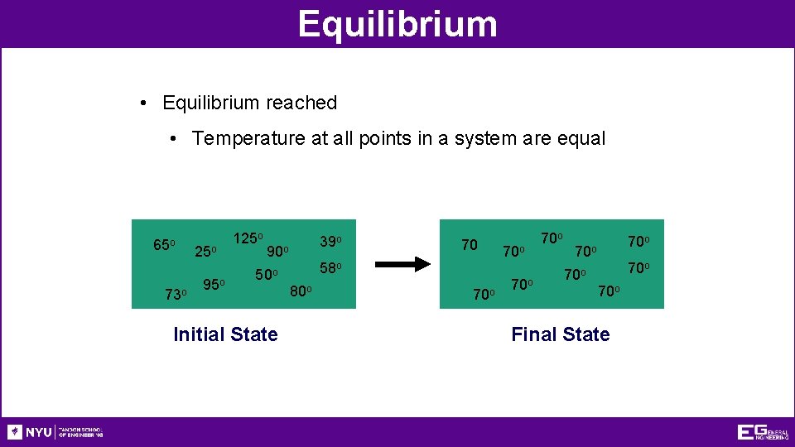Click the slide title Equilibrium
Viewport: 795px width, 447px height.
[397, 23]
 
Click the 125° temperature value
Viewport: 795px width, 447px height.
[248, 238]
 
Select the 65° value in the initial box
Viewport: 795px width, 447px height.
[164, 245]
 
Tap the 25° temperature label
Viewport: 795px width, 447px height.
[205, 251]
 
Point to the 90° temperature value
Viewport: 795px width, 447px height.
[277, 251]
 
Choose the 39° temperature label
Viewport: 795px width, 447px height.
[331, 241]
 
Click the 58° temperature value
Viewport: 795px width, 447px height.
[331, 268]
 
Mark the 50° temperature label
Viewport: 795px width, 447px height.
[267, 275]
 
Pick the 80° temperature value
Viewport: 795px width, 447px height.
[301, 291]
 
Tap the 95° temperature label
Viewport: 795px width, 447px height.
[214, 285]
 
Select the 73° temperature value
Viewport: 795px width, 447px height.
[176, 295]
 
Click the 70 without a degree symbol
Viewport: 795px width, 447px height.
[470, 245]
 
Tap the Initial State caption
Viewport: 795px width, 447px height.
[225, 334]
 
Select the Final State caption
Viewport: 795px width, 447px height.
[561, 334]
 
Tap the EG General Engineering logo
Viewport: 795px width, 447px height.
[763, 432]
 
